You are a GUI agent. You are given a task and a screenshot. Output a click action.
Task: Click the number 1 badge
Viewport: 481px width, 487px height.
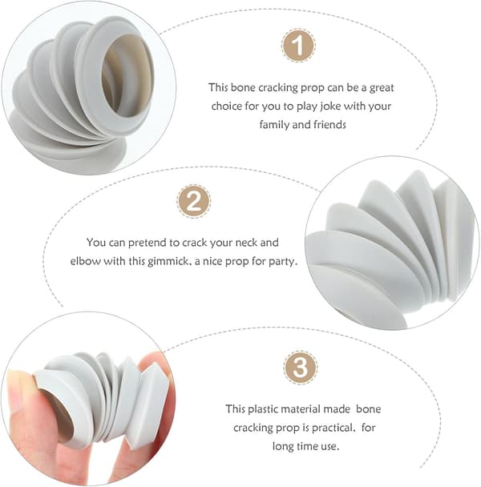[x=298, y=46]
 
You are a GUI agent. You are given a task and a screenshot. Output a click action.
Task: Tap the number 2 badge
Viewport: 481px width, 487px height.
[x=194, y=201]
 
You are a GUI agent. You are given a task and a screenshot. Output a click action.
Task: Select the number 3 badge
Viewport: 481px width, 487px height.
[x=301, y=368]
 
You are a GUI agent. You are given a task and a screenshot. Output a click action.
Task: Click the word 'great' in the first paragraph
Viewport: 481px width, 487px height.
[x=382, y=88]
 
